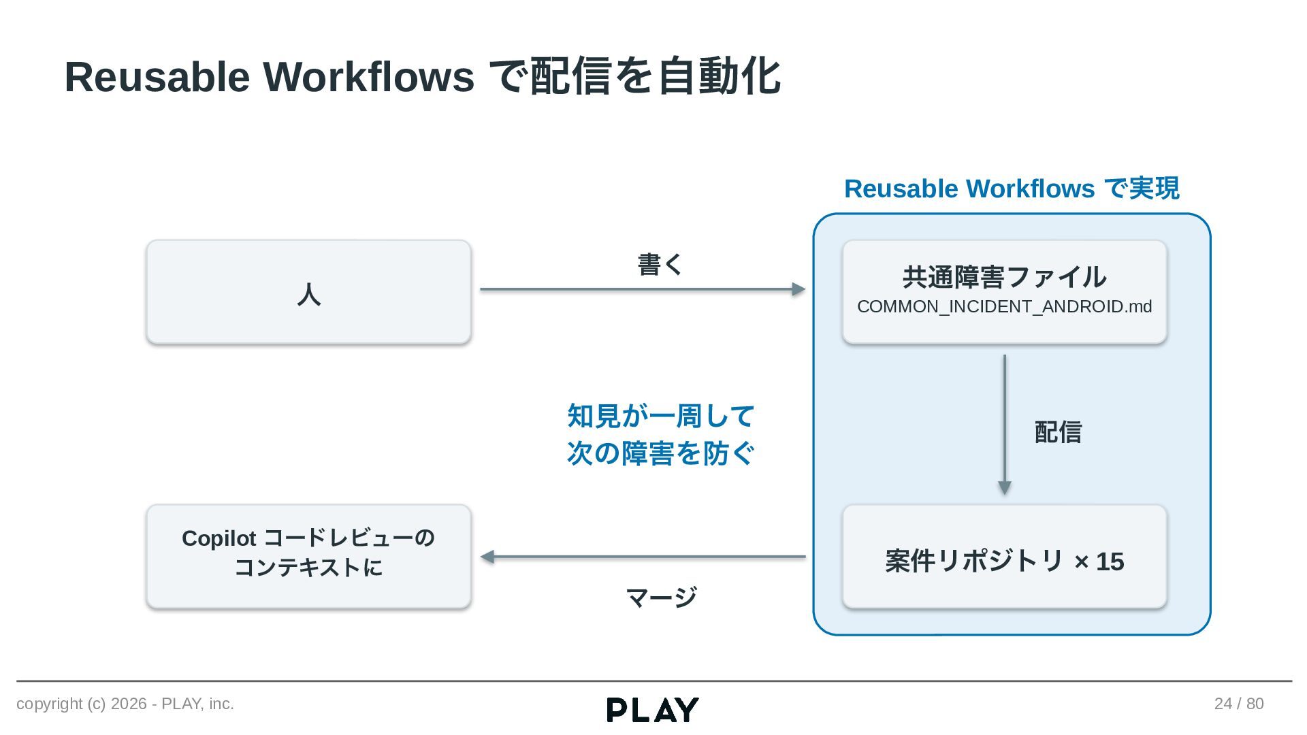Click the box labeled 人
(308, 291)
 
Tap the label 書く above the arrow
(660, 264)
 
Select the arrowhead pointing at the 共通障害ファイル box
(799, 289)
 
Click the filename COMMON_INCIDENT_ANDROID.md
(1004, 306)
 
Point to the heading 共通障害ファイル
(1004, 277)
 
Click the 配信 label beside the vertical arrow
(1058, 431)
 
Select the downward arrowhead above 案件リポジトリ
(1004, 488)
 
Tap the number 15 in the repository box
(1110, 561)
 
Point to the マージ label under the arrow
(661, 598)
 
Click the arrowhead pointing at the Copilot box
(487, 557)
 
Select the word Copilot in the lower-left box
(219, 538)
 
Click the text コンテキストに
(308, 567)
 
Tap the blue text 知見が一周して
(661, 416)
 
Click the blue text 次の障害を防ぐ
(661, 453)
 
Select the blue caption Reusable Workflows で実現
(1012, 189)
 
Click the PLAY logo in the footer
(652, 710)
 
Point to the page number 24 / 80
(1239, 704)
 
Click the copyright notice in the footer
(125, 704)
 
